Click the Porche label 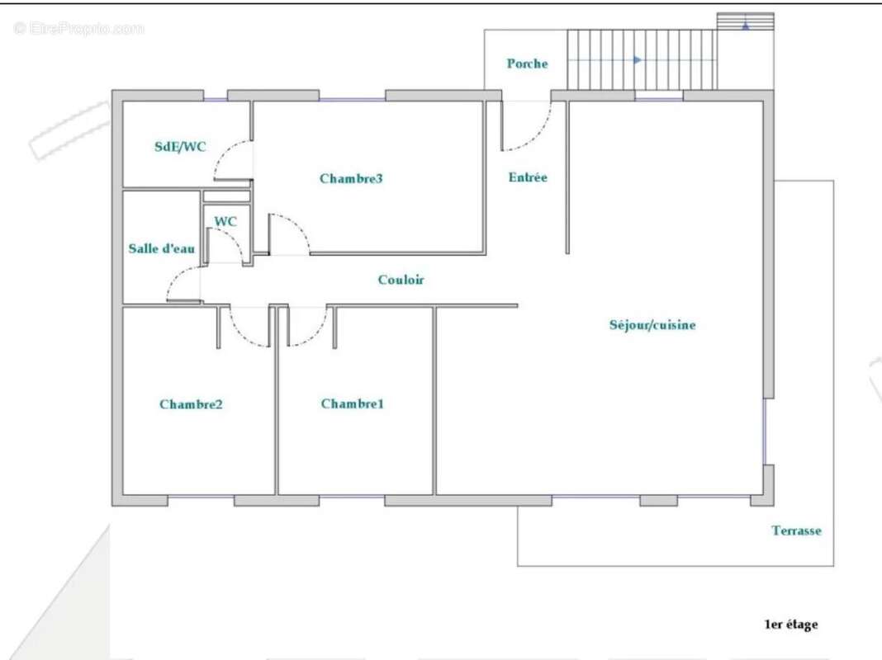527,64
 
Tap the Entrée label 527,177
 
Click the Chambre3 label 351,178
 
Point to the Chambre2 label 191,404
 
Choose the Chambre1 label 353,403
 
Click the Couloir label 401,280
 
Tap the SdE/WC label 180,147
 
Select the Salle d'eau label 162,248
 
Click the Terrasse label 796,530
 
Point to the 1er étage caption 790,625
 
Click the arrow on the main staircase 637,60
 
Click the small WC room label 225,222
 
